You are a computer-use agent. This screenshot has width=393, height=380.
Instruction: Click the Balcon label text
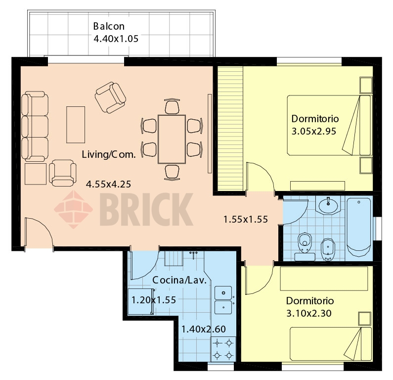tap(109, 26)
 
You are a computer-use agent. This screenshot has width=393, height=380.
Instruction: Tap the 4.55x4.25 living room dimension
tap(108, 185)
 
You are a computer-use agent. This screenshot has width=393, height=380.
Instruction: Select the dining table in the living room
tap(172, 139)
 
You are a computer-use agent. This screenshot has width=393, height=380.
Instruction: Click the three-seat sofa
tap(35, 126)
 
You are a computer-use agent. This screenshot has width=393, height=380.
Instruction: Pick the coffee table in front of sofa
tap(76, 125)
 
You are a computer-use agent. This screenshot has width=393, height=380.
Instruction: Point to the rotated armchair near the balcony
tap(110, 97)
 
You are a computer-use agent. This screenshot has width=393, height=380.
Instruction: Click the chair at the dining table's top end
tap(172, 106)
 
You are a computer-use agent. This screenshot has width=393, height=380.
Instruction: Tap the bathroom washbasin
tap(328, 205)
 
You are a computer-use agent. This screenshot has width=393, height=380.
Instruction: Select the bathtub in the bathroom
tap(359, 228)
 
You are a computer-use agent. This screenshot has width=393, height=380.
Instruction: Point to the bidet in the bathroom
tap(328, 249)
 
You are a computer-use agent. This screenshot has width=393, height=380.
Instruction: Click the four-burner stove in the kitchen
tap(223, 349)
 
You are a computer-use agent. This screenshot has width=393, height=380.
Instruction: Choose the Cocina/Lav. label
tap(179, 280)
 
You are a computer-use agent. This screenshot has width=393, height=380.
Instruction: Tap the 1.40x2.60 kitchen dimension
tap(203, 329)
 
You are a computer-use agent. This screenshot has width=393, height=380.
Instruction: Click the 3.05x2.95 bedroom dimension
tap(313, 131)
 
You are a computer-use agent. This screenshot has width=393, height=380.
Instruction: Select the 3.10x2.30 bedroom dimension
tap(309, 313)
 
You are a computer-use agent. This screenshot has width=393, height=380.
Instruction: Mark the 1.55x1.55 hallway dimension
tap(245, 220)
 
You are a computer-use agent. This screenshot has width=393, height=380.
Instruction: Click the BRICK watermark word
tap(146, 209)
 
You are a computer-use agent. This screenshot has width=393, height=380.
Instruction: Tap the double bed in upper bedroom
tap(329, 125)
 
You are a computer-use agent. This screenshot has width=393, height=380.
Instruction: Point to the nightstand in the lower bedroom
tap(364, 319)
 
